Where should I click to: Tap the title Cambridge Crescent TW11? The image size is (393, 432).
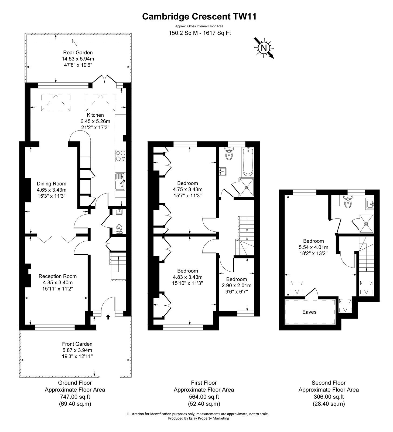[x=199, y=17]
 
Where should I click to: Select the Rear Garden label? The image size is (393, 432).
[x=78, y=53]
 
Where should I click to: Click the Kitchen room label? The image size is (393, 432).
[x=95, y=115]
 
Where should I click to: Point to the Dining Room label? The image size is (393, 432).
[x=52, y=184]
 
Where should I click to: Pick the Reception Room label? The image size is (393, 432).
[x=58, y=276]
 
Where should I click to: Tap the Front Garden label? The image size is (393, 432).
[x=77, y=344]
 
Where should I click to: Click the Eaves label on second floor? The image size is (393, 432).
[x=309, y=312]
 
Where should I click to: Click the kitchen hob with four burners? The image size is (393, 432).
[x=120, y=156]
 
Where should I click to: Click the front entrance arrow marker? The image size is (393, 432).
[x=108, y=317]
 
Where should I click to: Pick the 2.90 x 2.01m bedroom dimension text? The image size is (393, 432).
[x=237, y=285]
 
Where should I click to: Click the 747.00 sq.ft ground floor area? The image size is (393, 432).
[x=75, y=397]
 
